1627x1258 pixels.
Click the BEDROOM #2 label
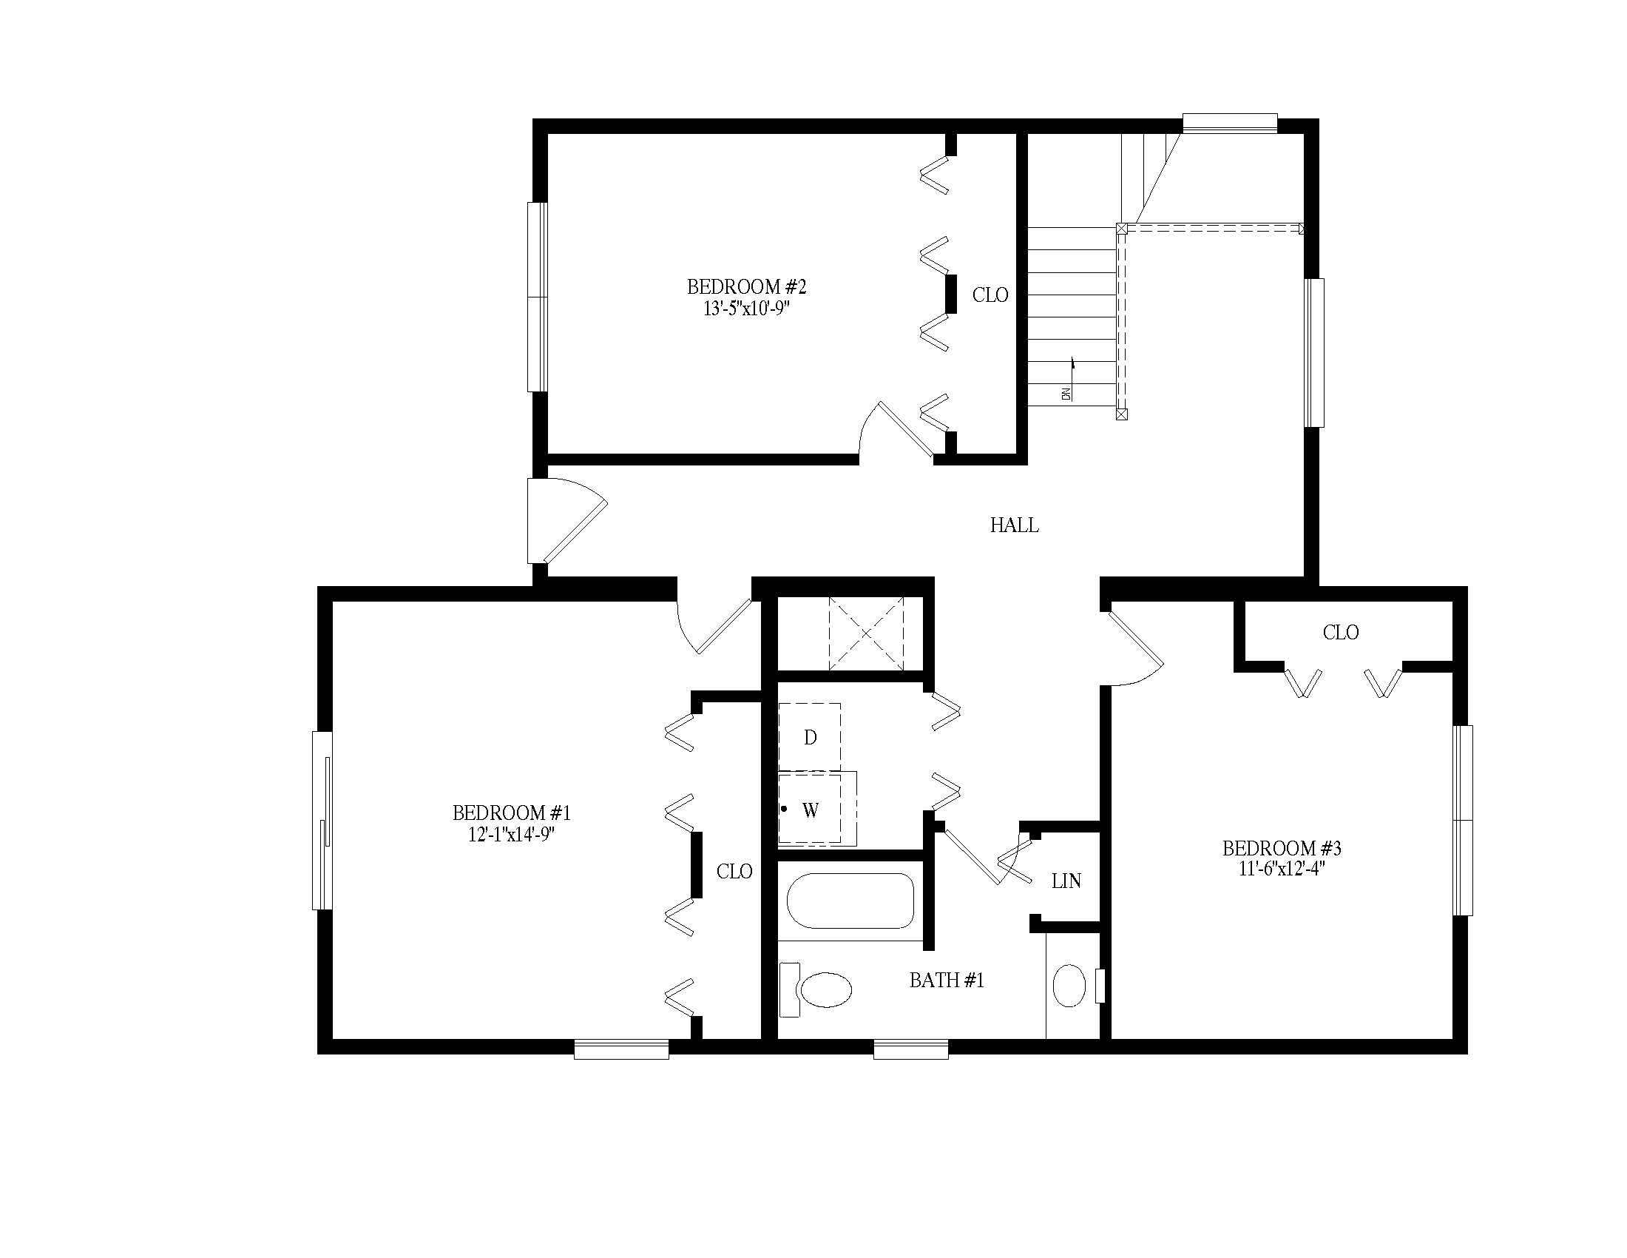coord(746,287)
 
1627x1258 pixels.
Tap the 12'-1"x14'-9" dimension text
coord(512,835)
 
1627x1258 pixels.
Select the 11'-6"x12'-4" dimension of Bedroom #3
coord(1282,869)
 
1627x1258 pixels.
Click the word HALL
coord(1014,525)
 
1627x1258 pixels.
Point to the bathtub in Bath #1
coord(850,901)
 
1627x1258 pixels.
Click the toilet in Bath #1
coord(815,989)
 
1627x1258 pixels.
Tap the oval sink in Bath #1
coord(1069,986)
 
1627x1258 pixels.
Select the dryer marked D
coord(810,737)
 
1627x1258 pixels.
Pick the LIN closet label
coord(1066,881)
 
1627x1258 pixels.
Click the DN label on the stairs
coord(1066,394)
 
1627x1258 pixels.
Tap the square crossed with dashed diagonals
coord(867,633)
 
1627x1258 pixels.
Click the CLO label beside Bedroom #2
coord(990,295)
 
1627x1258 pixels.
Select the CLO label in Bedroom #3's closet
coord(1341,633)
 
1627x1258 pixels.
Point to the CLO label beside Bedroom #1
coord(734,871)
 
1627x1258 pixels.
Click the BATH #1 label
coord(947,980)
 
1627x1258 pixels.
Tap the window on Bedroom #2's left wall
coord(538,297)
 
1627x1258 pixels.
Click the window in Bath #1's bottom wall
coord(911,1050)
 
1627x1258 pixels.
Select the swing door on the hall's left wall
coord(567,521)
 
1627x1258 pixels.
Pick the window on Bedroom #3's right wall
coord(1463,820)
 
